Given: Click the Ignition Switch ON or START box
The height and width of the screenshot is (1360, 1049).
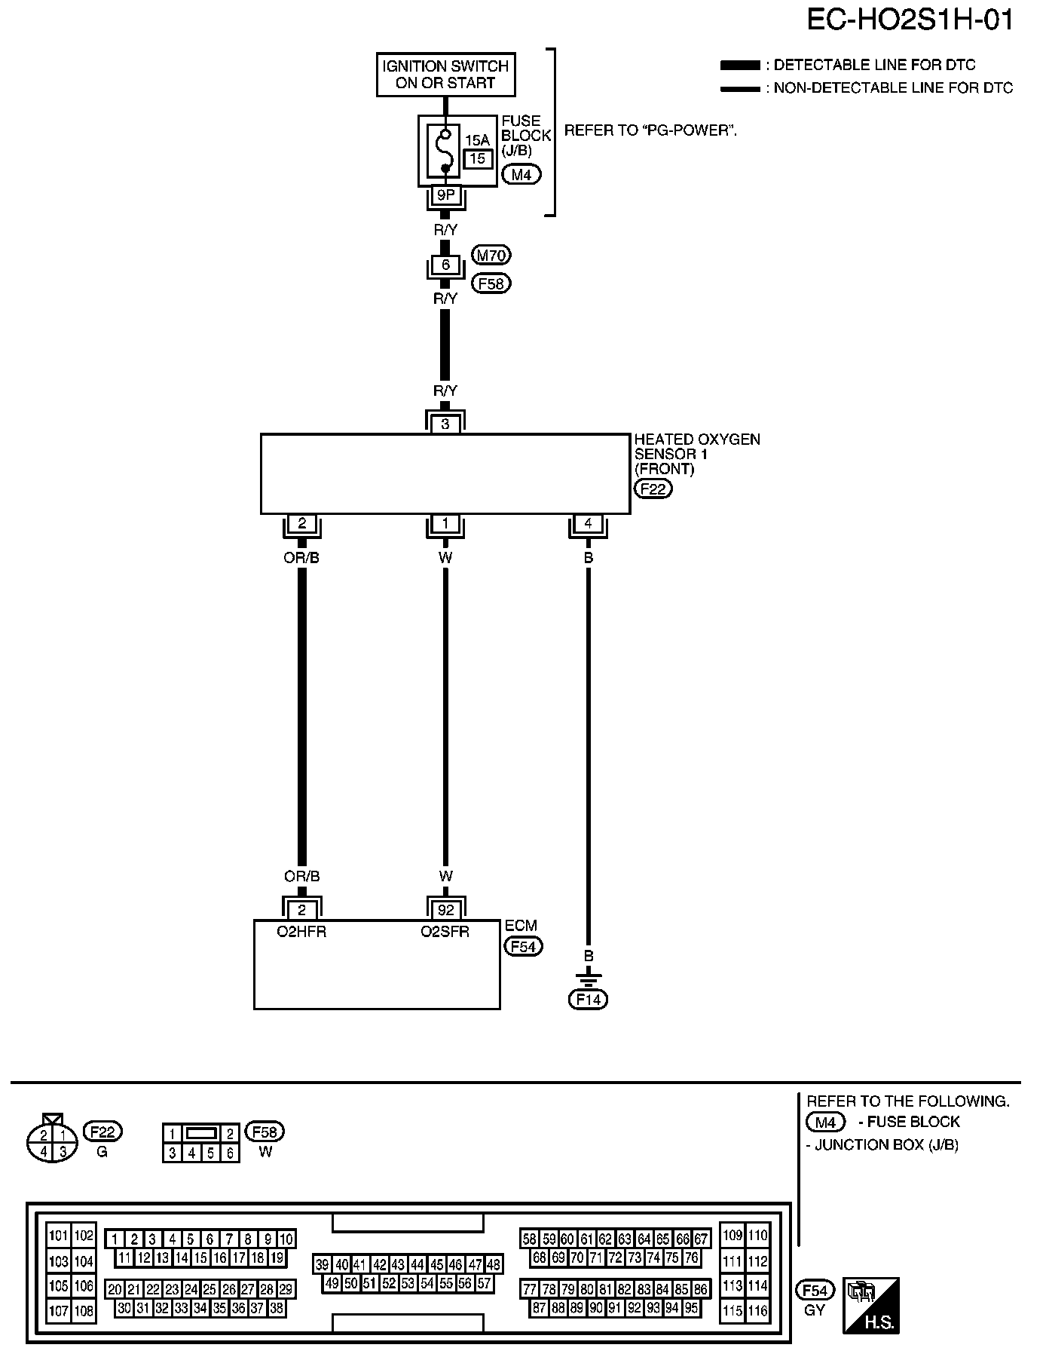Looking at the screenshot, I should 445,75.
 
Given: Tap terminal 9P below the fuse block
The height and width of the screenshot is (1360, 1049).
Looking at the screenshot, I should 445,195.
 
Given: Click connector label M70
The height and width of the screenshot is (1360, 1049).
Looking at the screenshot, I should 491,256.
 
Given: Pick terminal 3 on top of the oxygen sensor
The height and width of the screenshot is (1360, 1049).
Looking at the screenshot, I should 445,424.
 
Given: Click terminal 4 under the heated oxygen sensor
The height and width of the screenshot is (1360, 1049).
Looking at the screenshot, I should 588,523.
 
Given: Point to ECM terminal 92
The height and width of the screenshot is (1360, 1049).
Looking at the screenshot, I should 446,910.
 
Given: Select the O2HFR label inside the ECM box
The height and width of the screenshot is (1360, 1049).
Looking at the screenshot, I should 301,932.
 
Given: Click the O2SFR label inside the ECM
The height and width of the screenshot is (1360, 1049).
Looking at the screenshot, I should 445,932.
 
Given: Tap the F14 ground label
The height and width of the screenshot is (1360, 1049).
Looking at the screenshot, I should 588,1000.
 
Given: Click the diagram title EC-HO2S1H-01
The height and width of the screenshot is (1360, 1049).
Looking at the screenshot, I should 910,20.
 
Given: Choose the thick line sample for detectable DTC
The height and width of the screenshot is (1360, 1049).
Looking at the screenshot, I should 740,66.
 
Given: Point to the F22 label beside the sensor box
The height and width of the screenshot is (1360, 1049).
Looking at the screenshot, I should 653,489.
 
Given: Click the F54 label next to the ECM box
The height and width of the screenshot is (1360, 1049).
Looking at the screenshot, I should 523,946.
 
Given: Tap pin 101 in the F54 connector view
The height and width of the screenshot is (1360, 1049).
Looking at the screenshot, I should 58,1236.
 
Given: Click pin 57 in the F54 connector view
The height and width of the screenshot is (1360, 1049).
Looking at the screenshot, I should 485,1282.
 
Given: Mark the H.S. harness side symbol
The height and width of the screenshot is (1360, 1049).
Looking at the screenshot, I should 871,1305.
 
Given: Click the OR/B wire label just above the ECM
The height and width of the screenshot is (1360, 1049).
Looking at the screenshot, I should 301,876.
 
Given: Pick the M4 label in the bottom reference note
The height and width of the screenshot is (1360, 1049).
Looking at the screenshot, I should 825,1122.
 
